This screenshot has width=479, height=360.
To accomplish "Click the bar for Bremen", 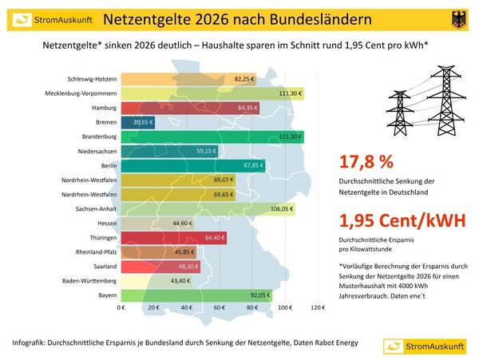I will click(137, 122).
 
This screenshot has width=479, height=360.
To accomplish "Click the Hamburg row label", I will click(105, 108).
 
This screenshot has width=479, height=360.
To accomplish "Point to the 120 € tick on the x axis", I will click(317, 307).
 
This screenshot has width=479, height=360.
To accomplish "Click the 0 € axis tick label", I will click(122, 307).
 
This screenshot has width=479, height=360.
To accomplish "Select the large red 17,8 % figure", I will click(366, 162).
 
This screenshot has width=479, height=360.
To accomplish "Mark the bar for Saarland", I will click(160, 266).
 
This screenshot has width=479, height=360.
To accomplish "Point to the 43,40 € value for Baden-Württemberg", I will click(180, 280).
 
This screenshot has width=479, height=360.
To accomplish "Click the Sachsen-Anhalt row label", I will click(97, 209).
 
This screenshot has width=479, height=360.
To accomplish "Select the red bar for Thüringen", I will click(173, 237).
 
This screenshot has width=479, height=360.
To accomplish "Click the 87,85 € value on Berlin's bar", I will click(251, 165).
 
